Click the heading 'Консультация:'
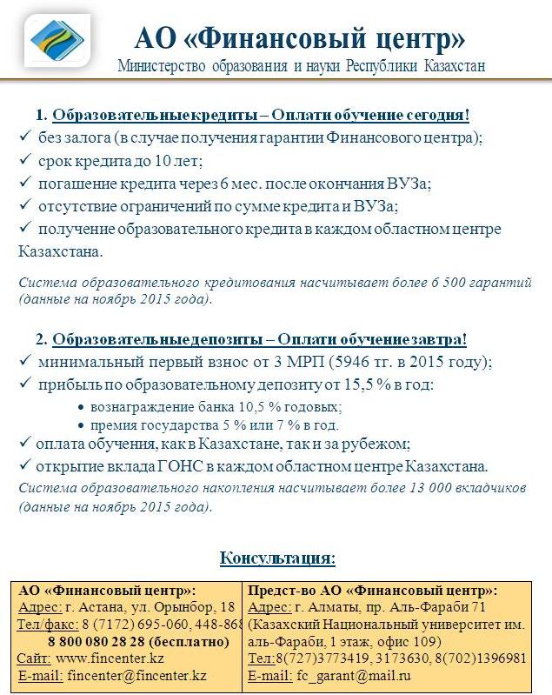coord(277,557)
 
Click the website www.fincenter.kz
coord(110,658)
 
